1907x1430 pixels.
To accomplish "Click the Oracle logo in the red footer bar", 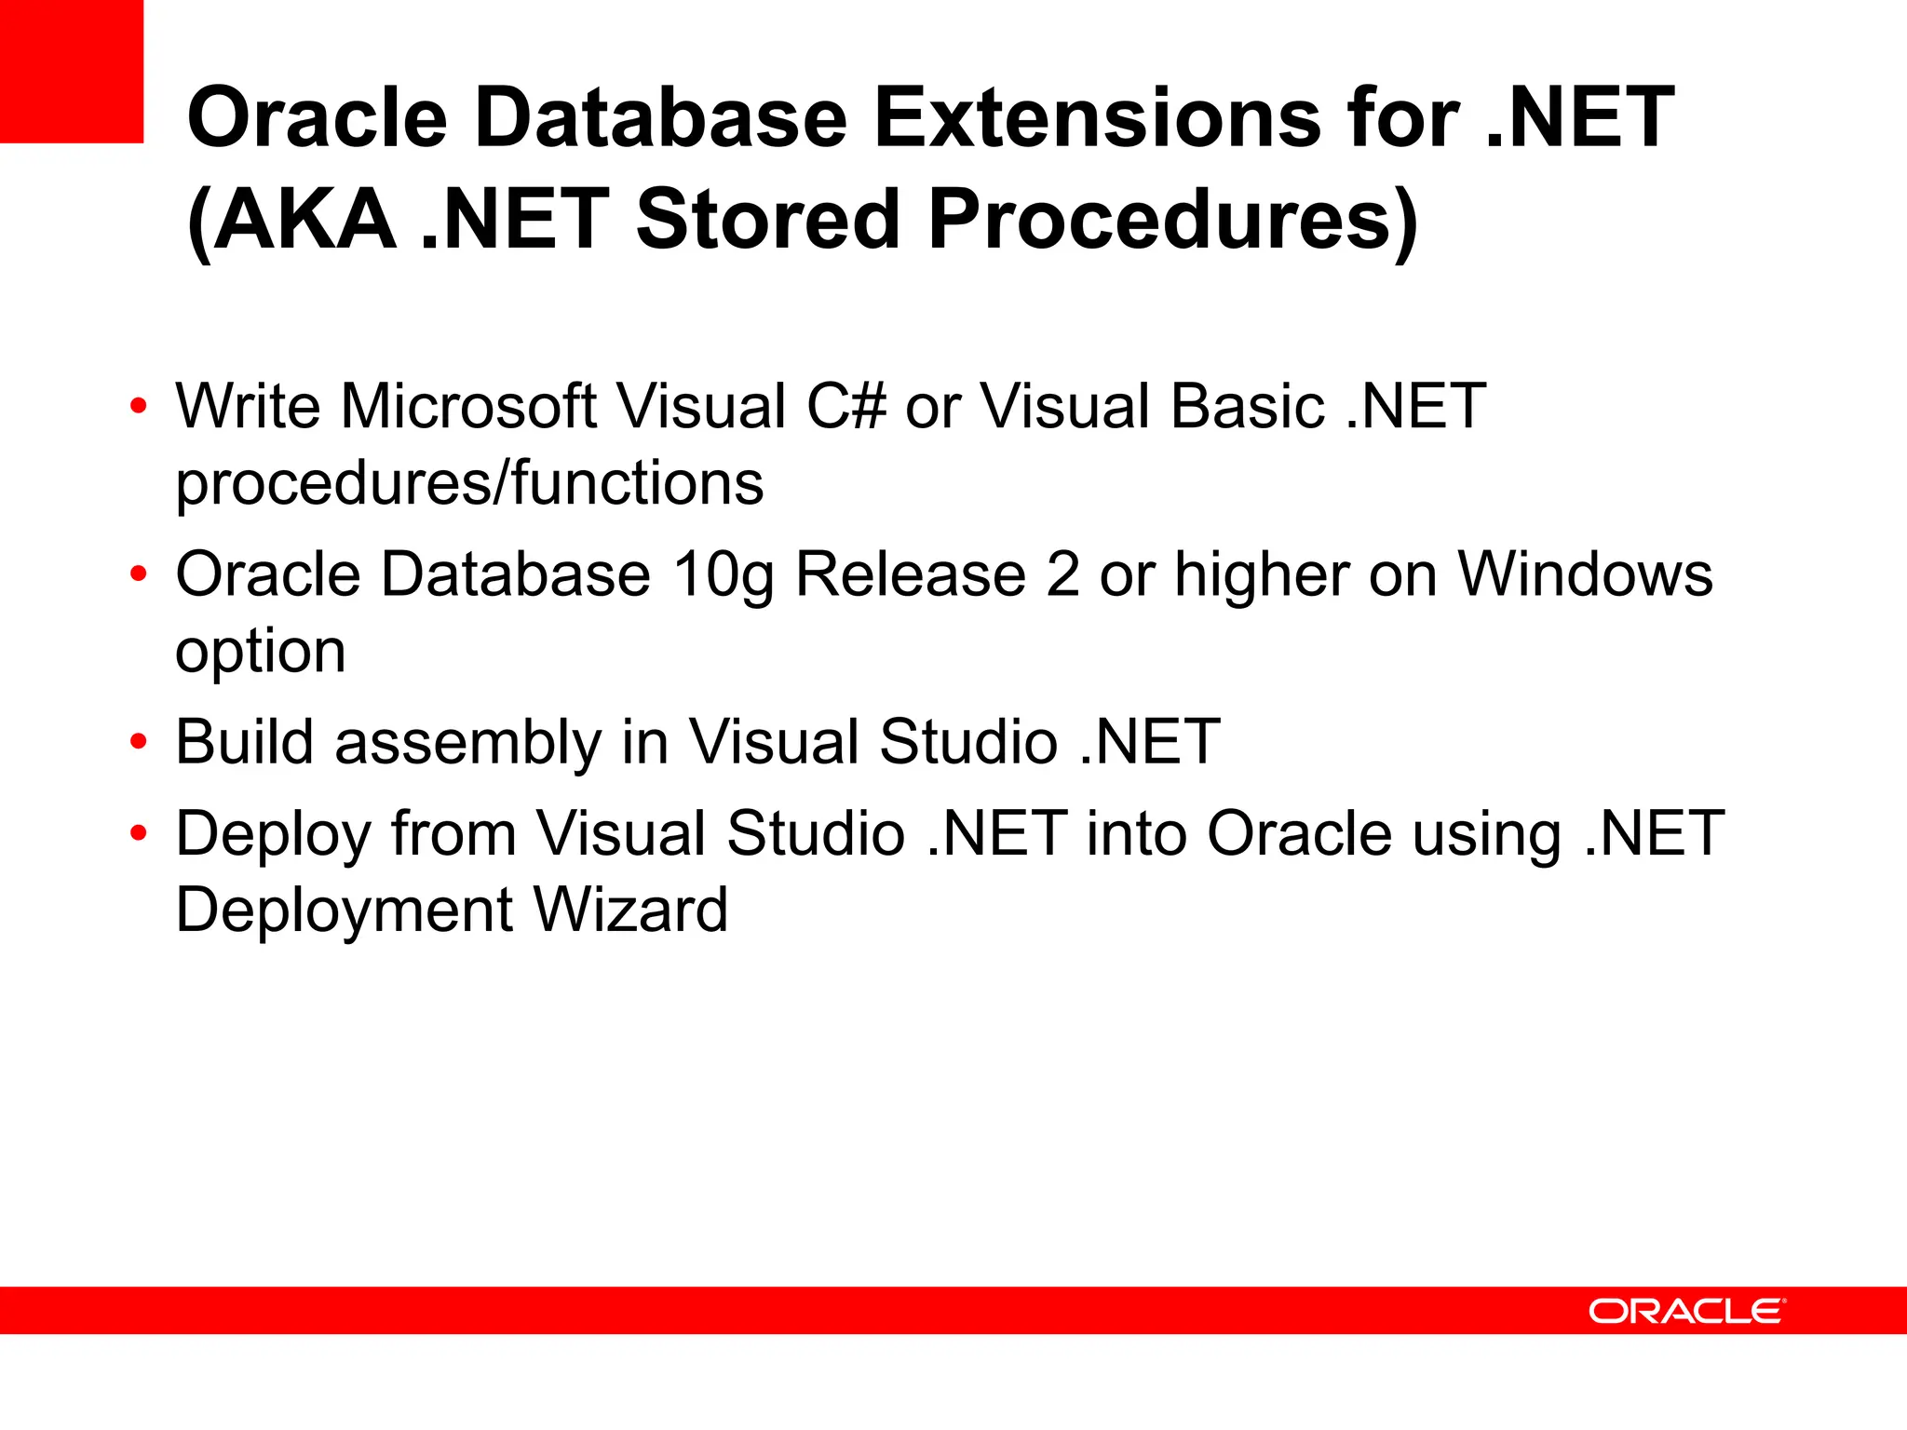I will click(x=1686, y=1311).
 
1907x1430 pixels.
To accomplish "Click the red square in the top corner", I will click(x=71, y=71).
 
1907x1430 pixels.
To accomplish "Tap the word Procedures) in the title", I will click(x=1172, y=222).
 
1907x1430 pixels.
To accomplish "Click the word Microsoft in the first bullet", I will click(x=467, y=407).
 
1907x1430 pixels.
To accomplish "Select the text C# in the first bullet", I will click(x=846, y=407).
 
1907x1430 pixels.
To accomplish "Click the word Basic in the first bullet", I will click(x=1248, y=407).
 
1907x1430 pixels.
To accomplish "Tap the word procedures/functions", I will click(x=469, y=484).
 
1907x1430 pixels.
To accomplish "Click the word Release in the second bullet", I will click(x=910, y=573).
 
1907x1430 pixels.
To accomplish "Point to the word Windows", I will click(x=1585, y=573).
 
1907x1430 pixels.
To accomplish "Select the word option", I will click(x=260, y=652).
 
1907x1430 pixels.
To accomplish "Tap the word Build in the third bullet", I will click(x=244, y=741).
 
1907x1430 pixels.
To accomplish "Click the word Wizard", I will click(x=630, y=910).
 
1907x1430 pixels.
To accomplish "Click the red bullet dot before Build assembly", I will click(x=139, y=743).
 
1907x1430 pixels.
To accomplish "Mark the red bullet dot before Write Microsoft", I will click(x=139, y=407).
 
